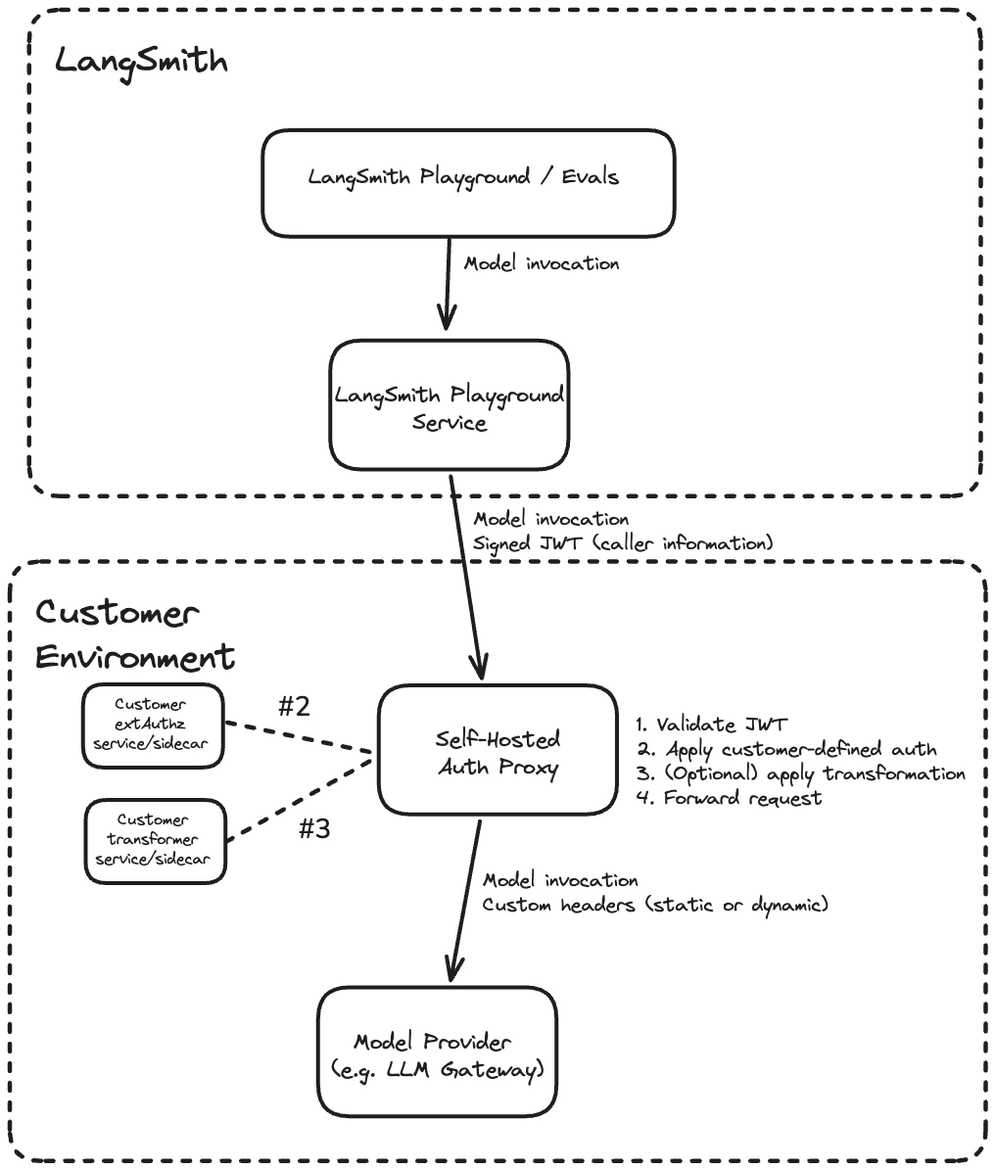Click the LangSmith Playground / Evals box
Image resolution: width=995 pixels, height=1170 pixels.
pos(467,183)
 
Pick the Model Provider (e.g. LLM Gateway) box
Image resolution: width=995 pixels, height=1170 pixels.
pos(437,1053)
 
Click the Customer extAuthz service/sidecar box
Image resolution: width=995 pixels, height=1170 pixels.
pos(153,725)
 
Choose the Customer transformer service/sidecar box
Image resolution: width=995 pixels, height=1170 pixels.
pos(156,840)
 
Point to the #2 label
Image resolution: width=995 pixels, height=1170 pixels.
pos(294,707)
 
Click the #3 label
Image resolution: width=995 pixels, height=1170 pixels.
pos(313,829)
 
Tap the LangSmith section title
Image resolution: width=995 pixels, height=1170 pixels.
pos(140,61)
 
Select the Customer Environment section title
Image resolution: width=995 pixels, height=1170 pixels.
pos(135,635)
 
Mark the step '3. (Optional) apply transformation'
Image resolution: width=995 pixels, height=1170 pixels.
pos(800,774)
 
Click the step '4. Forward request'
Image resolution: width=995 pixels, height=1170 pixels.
pos(729,799)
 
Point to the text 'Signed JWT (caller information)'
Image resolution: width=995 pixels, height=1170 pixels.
pos(623,542)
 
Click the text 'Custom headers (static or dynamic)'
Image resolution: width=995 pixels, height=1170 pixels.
pos(655,905)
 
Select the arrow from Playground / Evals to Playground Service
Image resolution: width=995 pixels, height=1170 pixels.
pos(447,284)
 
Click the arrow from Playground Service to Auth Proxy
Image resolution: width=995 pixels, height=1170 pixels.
pos(465,578)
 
